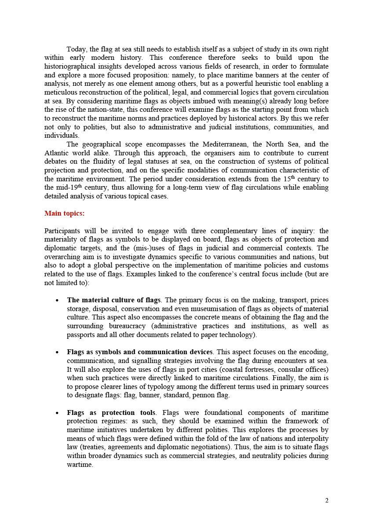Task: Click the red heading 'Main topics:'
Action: tap(64, 213)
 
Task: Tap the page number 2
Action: tap(327, 500)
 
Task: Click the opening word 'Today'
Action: tap(76, 49)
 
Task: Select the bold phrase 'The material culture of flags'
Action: tap(113, 300)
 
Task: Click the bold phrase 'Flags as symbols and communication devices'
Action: tap(139, 352)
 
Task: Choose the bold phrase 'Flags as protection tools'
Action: tap(111, 413)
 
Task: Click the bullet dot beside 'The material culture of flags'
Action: tap(58, 301)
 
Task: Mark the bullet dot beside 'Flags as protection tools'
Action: tap(58, 413)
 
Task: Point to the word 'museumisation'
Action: tap(202, 309)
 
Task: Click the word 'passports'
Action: tap(81, 335)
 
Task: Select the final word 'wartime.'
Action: tap(80, 465)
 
